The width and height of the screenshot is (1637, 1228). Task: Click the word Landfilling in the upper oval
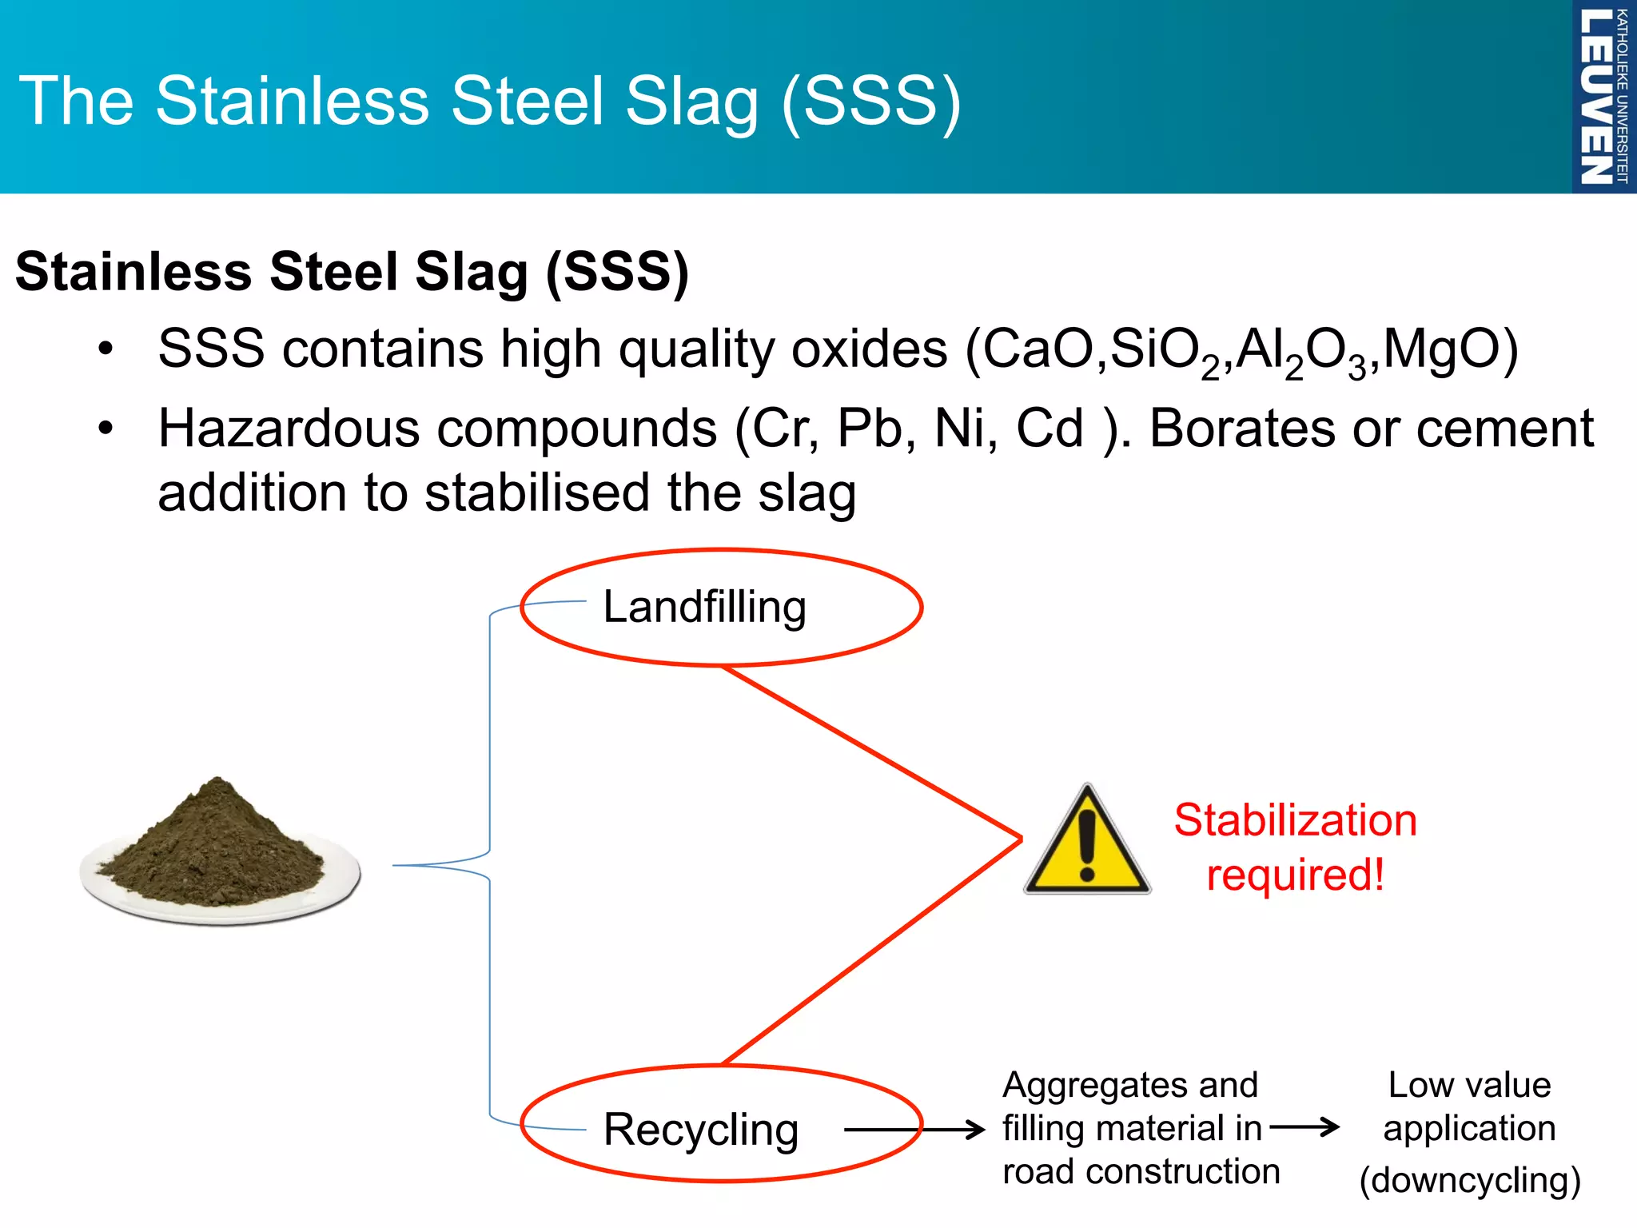pos(704,607)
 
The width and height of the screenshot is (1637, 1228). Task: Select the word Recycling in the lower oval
pos(701,1129)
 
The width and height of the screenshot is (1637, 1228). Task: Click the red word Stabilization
pos(1295,820)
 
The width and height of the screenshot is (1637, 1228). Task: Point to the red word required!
pos(1295,875)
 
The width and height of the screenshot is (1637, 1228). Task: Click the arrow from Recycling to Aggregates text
pos(915,1129)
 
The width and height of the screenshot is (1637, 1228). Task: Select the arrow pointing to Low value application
pos(1304,1127)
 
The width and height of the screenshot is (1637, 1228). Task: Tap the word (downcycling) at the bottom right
pos(1469,1180)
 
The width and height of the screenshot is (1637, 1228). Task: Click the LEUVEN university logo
pos(1602,96)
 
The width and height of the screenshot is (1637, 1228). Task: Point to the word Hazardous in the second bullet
pos(289,429)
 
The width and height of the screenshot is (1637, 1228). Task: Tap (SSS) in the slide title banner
pos(871,102)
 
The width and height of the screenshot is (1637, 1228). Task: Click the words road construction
pos(1141,1172)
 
